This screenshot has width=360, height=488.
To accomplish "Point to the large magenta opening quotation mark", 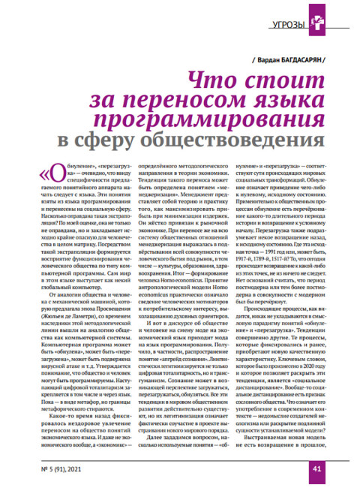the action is (x=42, y=173).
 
